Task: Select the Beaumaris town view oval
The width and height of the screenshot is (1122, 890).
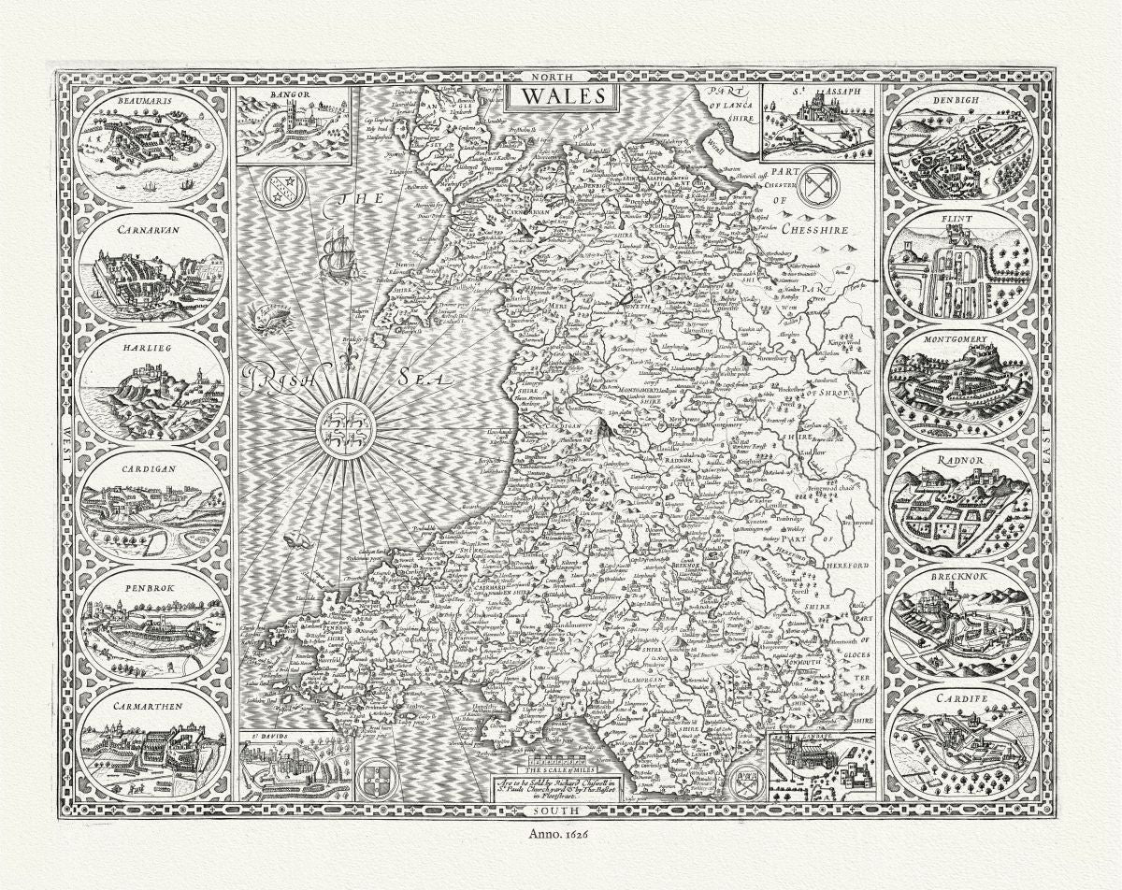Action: click(151, 146)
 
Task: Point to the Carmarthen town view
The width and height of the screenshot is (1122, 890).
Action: click(151, 744)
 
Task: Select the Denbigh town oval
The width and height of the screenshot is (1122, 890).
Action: click(961, 146)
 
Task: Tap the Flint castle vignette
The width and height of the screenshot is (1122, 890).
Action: click(961, 267)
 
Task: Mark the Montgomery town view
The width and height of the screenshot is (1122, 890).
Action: click(961, 384)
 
